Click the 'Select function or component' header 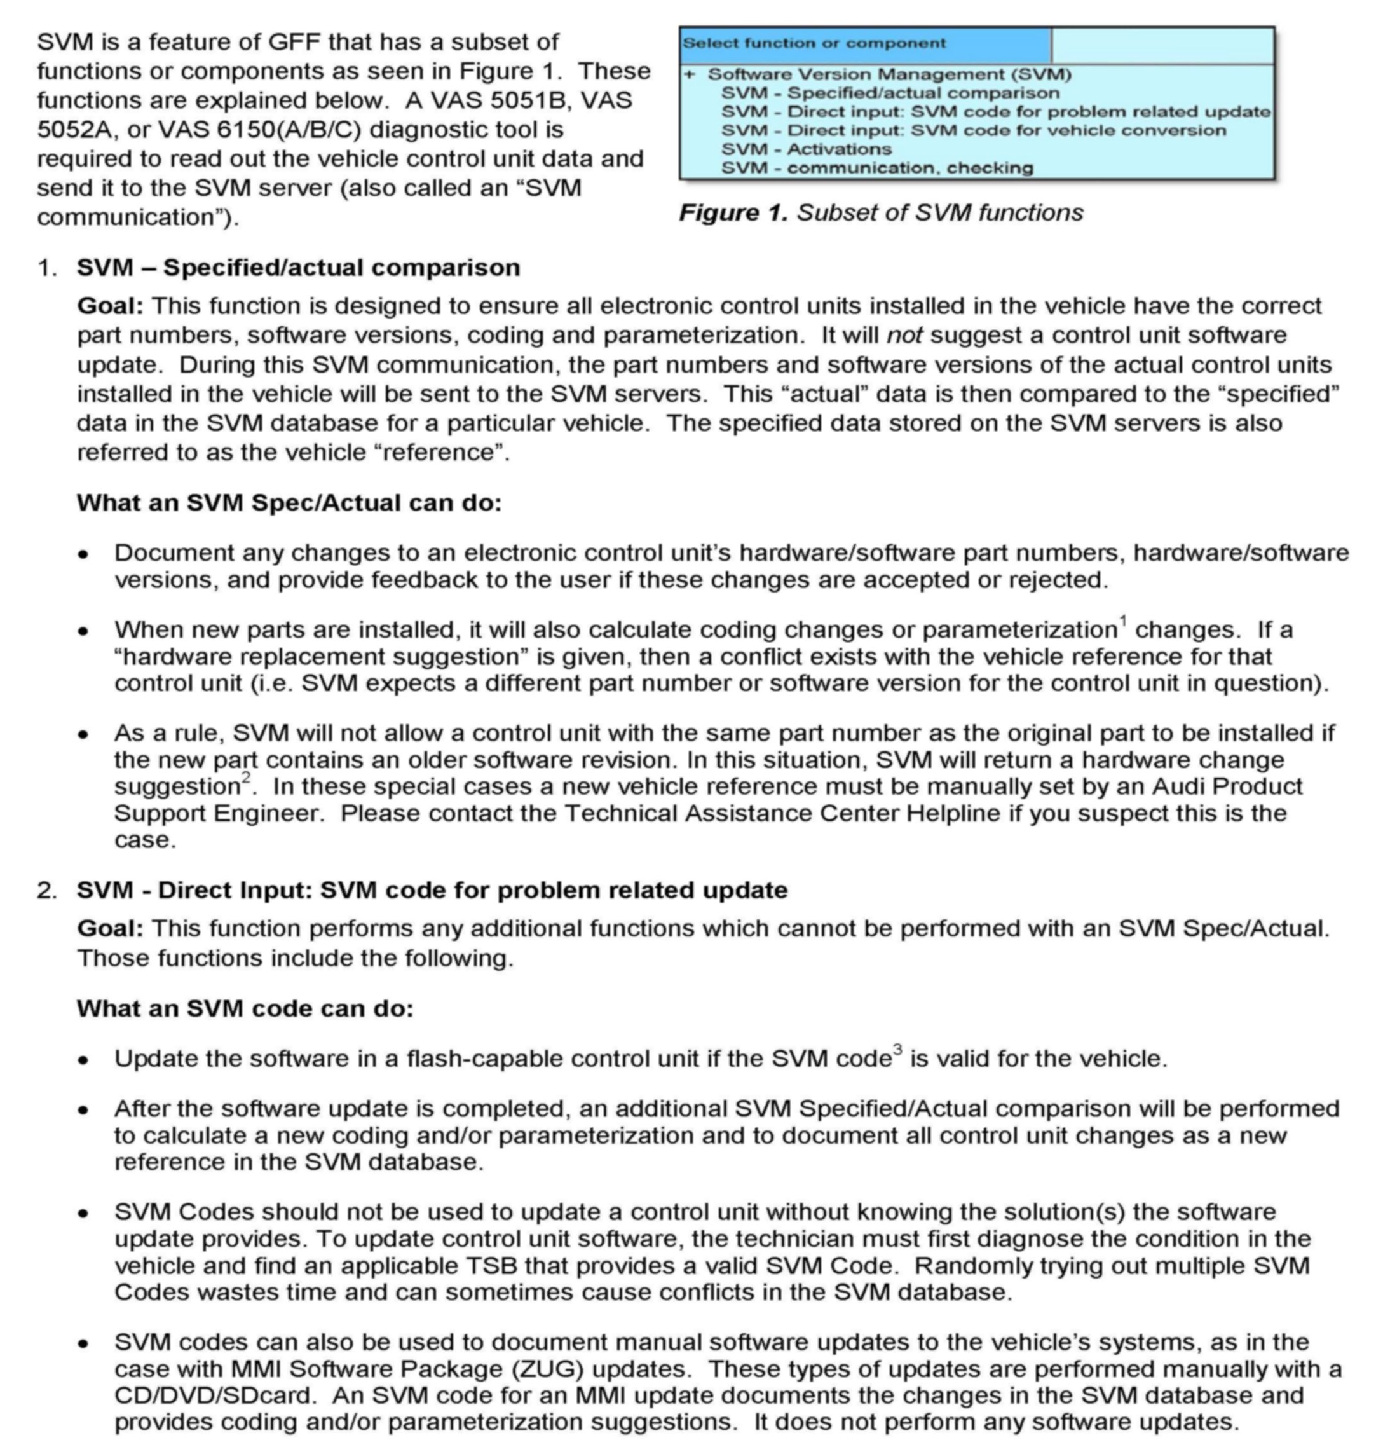tap(814, 43)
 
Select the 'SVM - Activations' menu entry tap(806, 149)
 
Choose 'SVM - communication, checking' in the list tap(876, 168)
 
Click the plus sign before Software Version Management tap(690, 74)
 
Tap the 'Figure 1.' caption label tap(733, 213)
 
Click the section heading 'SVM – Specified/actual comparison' tap(298, 268)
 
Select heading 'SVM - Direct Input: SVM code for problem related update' tap(432, 890)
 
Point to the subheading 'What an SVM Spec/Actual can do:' tap(289, 504)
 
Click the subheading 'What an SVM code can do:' tap(245, 1009)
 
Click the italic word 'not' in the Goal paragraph tap(904, 335)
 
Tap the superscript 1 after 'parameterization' tap(1123, 621)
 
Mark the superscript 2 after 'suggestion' tap(246, 778)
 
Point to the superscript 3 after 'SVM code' tap(898, 1050)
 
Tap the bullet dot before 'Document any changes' tap(85, 554)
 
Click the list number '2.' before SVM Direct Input tap(47, 891)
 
